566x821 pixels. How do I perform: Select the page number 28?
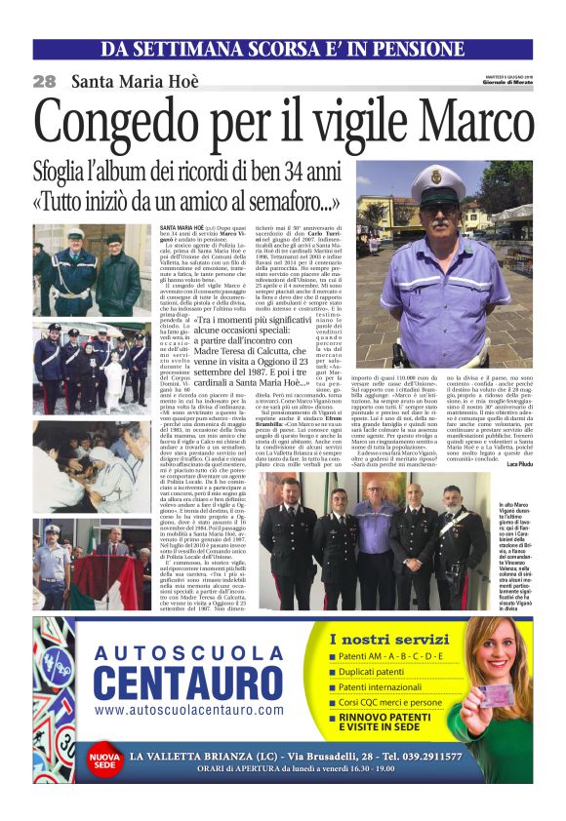44,82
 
